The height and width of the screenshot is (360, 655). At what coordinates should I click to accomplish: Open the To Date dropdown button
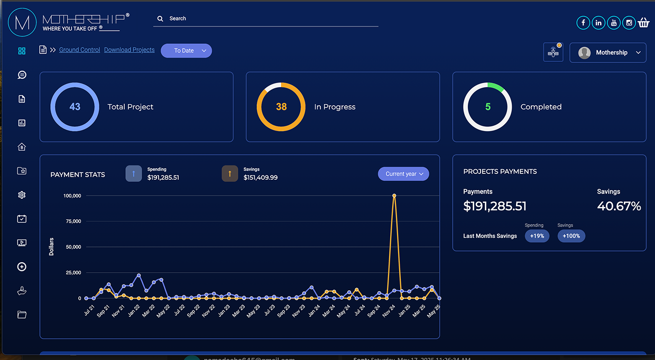coord(186,51)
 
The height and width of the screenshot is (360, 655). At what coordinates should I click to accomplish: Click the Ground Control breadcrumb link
coord(79,50)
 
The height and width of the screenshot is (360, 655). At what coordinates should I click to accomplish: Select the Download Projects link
coord(129,50)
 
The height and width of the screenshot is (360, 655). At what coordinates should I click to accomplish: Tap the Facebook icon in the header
coord(583,23)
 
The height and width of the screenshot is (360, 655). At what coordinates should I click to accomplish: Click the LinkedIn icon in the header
coord(598,23)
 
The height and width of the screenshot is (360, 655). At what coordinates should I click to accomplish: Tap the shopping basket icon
coord(643,23)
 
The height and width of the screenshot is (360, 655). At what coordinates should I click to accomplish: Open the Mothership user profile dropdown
coord(607,53)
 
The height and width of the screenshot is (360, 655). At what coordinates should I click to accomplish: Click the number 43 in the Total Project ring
coord(75,107)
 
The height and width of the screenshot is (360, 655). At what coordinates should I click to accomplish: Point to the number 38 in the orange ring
coord(281,107)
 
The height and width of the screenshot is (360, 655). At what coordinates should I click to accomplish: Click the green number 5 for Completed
coord(487,107)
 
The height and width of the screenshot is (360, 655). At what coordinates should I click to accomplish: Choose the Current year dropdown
coord(403,174)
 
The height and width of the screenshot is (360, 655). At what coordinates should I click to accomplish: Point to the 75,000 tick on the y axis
coord(72,221)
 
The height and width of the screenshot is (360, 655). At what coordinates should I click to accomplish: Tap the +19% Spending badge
coord(537,236)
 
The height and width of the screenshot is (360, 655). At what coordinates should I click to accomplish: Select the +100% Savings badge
coord(571,236)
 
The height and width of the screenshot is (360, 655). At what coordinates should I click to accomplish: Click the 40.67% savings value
coord(619,206)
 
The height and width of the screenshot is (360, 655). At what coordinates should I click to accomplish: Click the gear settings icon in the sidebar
coord(22,195)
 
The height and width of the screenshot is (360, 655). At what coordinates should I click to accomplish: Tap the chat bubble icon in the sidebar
coord(22,75)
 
